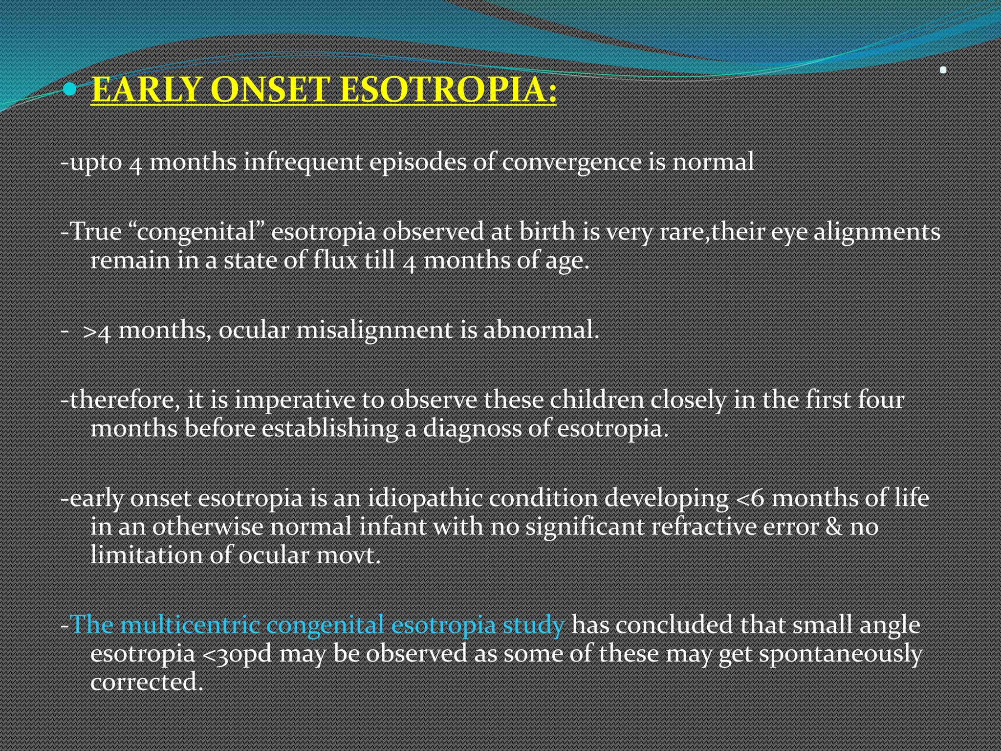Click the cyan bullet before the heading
(x=71, y=89)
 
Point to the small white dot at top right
(x=943, y=70)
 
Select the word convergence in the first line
(x=571, y=162)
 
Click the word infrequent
(x=303, y=162)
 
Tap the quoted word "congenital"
(x=196, y=232)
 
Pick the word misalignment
(x=374, y=330)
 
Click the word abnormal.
(x=541, y=330)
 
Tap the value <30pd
(x=237, y=654)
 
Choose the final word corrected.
(x=146, y=682)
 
